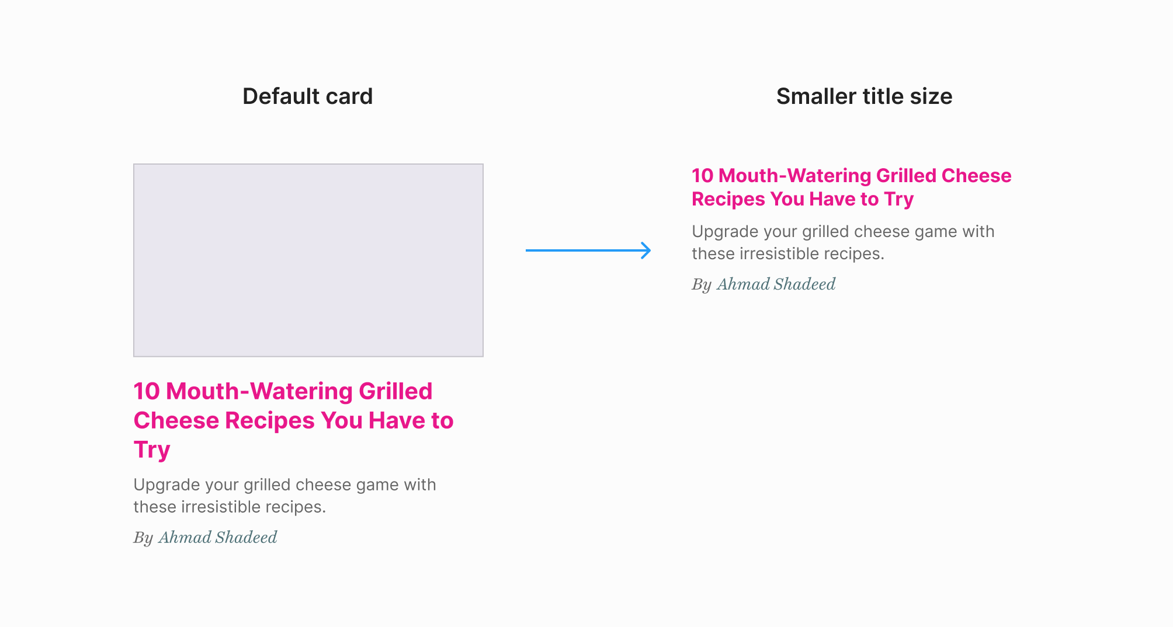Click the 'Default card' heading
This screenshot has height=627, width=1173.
tap(307, 96)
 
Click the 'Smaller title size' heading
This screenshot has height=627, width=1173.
tap(864, 96)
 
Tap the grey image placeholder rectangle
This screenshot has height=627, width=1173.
tap(308, 260)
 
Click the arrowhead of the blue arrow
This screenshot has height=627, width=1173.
tap(646, 250)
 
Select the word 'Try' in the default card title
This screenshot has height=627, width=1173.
tap(152, 450)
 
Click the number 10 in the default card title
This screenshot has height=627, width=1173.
tap(147, 391)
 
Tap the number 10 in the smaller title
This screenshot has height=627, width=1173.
tap(703, 176)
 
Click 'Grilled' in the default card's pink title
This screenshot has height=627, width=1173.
tap(395, 391)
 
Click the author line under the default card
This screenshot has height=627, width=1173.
tap(205, 538)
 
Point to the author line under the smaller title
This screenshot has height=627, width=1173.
tap(764, 284)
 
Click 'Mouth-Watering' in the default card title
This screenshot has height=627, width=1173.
tap(259, 391)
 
